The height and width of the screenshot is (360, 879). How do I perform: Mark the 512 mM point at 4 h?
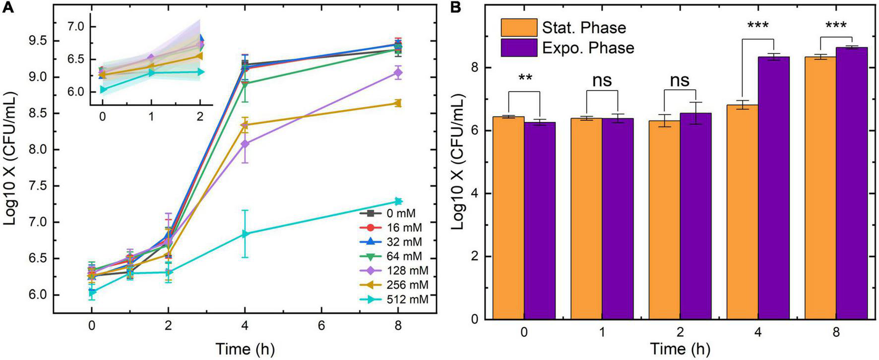(x=245, y=234)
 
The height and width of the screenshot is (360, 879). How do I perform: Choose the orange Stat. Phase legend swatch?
(x=519, y=28)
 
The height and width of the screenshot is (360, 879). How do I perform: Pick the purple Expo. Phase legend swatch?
(x=519, y=48)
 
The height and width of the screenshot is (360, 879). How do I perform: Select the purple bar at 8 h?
(x=852, y=183)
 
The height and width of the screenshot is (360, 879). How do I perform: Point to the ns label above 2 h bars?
(x=680, y=80)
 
